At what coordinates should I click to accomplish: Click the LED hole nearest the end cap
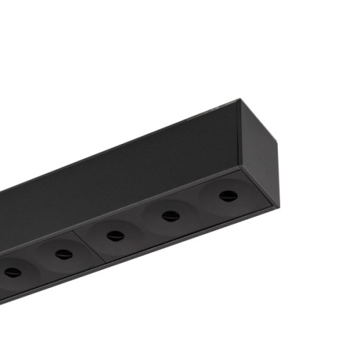[228, 196]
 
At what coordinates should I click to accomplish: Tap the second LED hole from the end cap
[171, 215]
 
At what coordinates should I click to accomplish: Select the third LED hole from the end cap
[115, 235]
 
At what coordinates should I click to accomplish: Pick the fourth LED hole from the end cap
[64, 254]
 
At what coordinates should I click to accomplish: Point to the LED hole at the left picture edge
[13, 272]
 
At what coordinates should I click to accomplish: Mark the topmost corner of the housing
[238, 101]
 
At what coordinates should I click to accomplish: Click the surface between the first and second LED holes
[199, 206]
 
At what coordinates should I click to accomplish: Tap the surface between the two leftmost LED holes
[38, 264]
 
